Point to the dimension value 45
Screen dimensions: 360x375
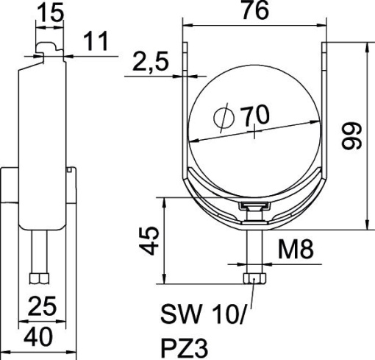point(151,240)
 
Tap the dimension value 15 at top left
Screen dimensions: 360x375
point(48,13)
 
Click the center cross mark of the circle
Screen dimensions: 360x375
point(254,133)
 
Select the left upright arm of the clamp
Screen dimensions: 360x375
point(186,110)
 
